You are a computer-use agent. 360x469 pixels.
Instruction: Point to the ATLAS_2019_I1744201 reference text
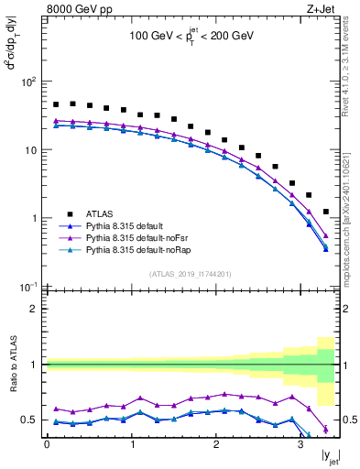pos(190,273)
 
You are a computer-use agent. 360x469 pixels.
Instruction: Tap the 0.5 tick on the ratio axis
pos(29,420)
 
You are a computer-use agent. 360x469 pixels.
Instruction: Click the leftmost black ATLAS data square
pos(56,104)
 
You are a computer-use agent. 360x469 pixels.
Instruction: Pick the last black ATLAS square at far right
pos(326,212)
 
